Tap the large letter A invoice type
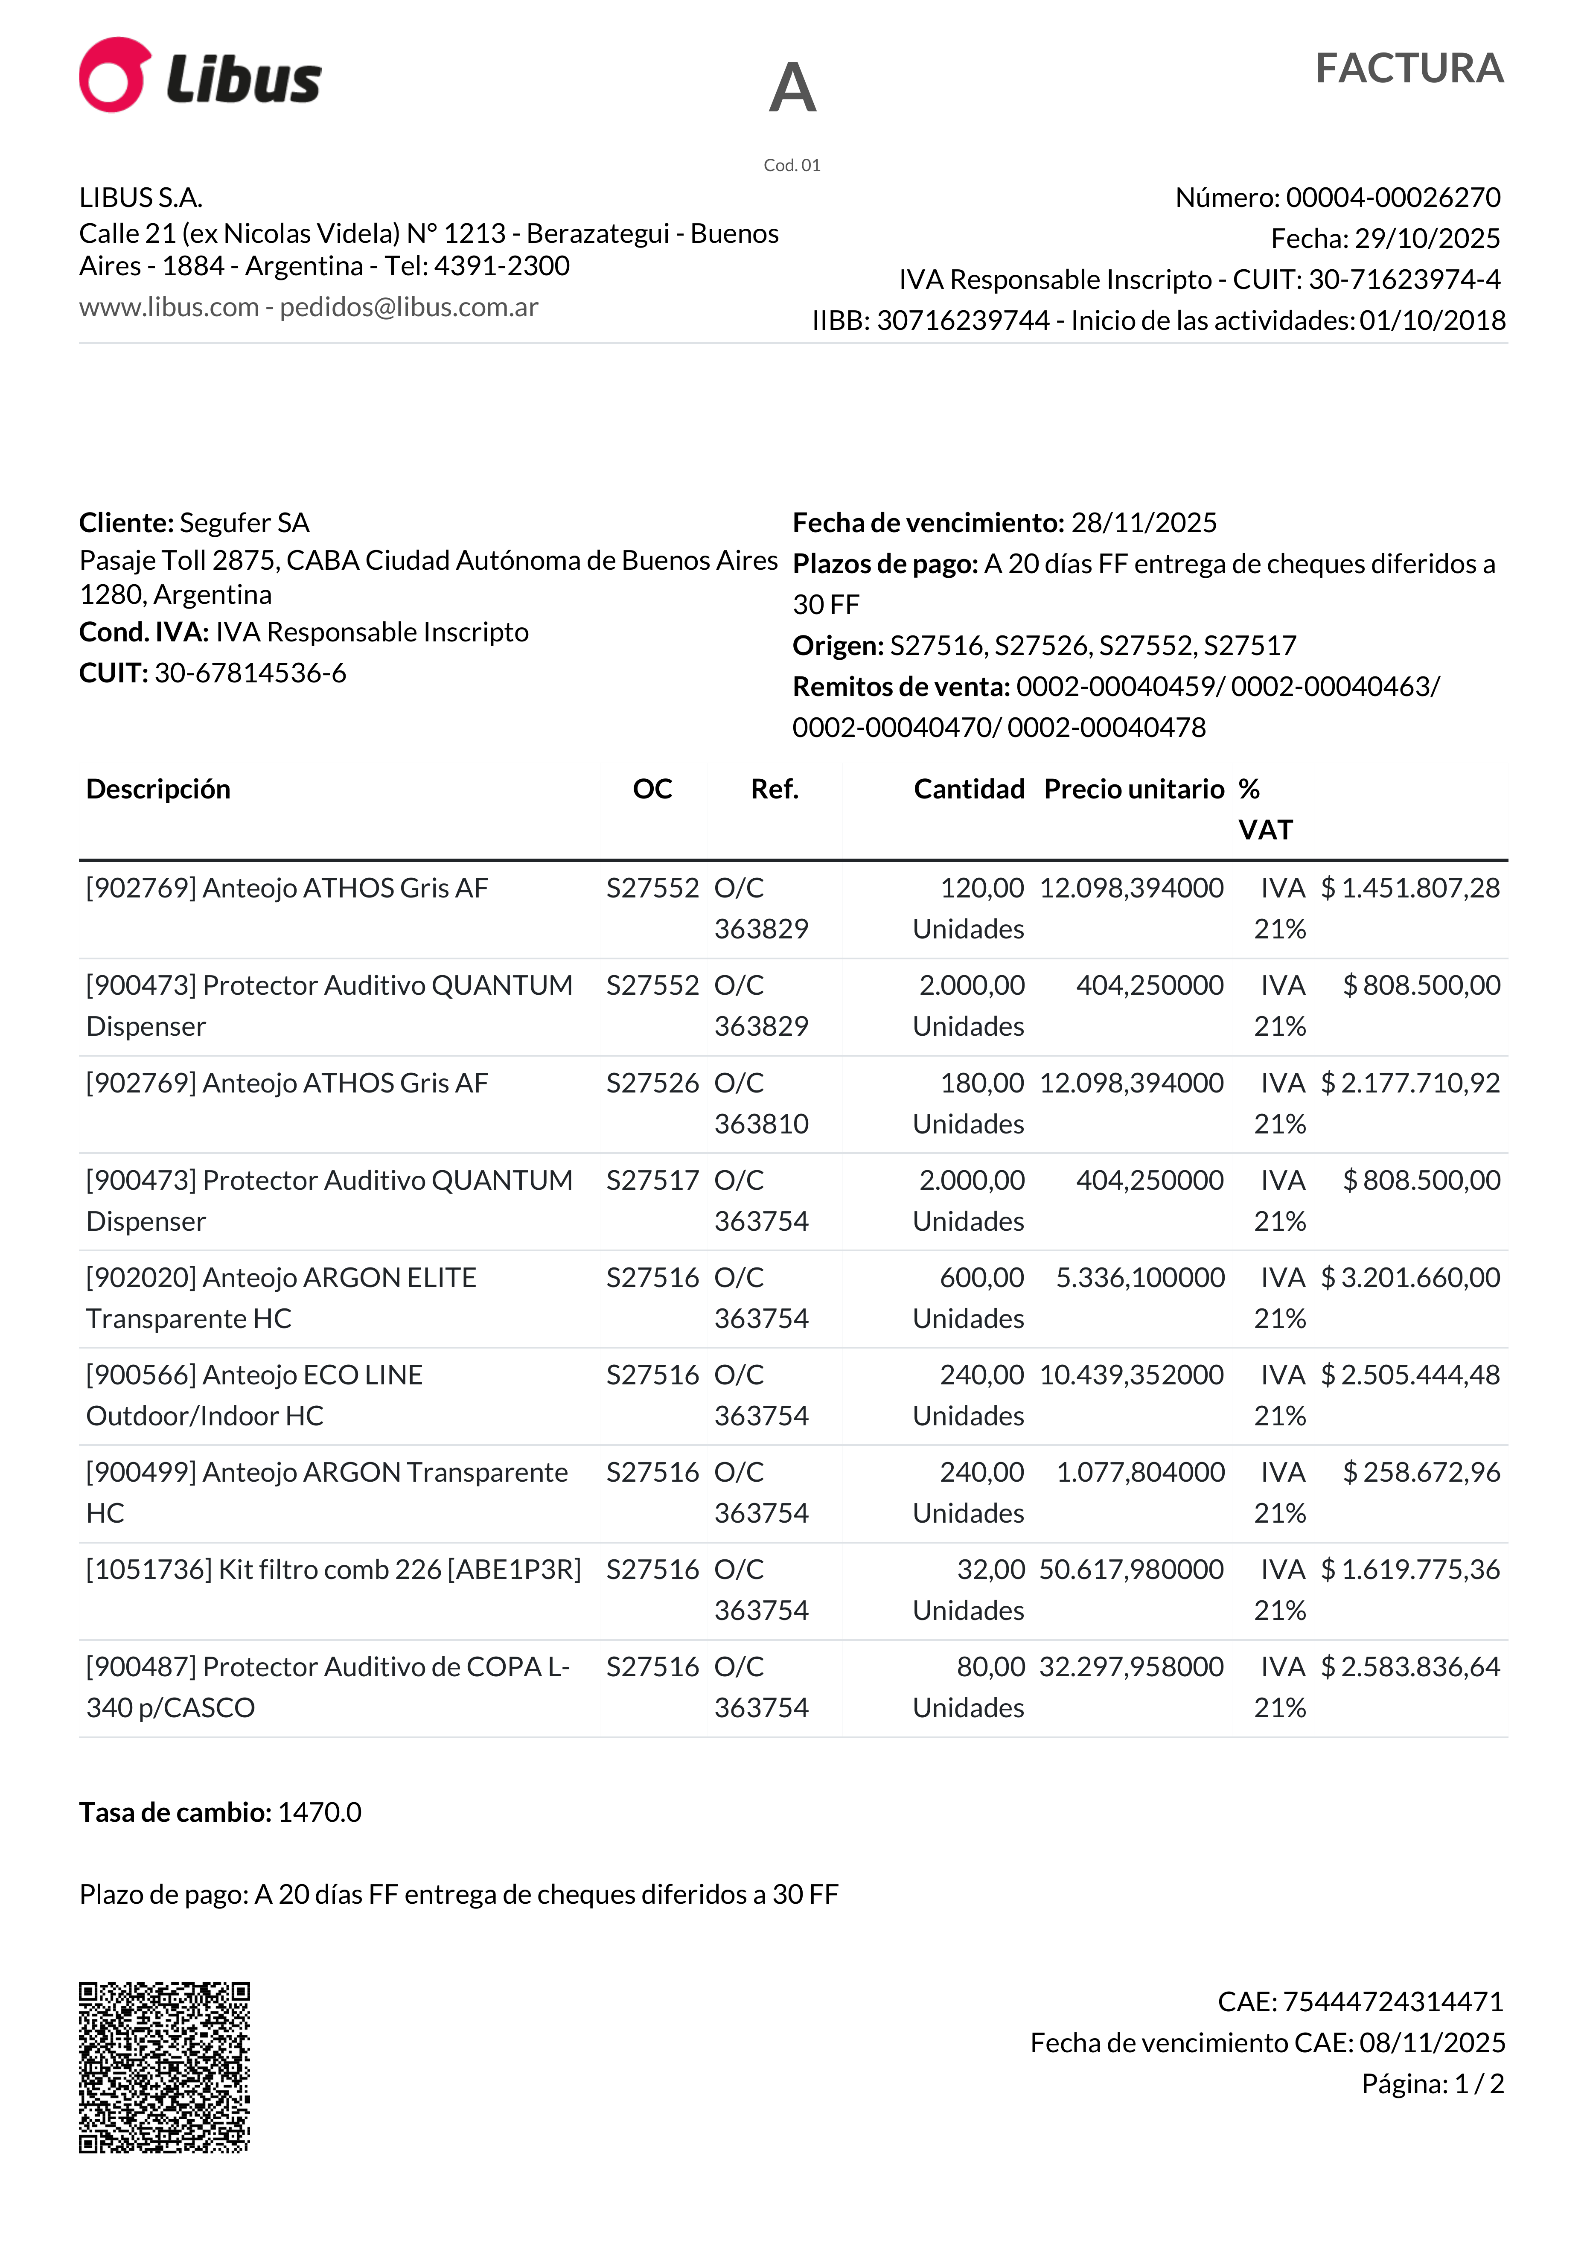[x=792, y=88]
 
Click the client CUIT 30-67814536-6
[x=250, y=673]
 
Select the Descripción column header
[x=158, y=789]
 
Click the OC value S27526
[x=652, y=1083]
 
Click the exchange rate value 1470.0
[x=320, y=1813]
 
